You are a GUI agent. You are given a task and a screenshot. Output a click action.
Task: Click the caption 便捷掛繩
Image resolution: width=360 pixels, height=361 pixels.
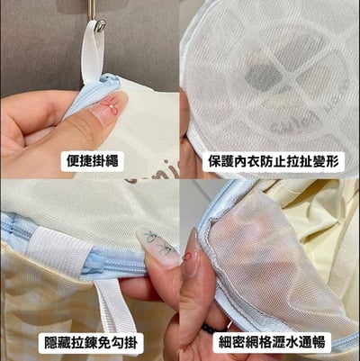point(93,162)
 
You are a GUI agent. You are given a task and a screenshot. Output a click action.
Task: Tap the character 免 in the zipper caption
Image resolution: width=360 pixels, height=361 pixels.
point(114,343)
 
